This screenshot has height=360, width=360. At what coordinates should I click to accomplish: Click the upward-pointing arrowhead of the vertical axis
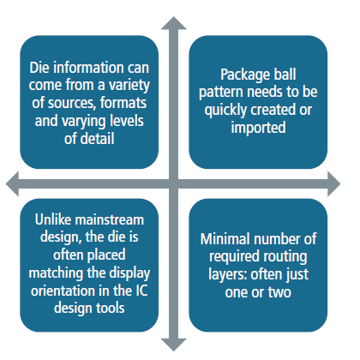coord(174,23)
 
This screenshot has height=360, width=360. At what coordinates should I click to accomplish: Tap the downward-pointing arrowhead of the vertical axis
coord(174,345)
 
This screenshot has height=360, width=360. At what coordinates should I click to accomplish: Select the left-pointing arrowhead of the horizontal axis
coord(13,183)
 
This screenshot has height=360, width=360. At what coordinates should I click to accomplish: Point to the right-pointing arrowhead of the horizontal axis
coord(334,183)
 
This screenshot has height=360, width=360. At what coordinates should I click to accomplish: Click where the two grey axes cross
coord(174,183)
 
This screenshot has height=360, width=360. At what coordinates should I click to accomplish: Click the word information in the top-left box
coord(89,68)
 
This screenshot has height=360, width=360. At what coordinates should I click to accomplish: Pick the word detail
coord(97,139)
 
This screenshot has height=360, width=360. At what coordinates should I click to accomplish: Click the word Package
coord(243,75)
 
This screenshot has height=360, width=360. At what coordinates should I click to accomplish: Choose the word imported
coord(258,128)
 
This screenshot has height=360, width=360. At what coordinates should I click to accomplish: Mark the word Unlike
coord(53,219)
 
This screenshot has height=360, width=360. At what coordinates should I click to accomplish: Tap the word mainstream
coord(109,219)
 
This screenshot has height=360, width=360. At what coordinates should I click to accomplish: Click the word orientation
coord(63,291)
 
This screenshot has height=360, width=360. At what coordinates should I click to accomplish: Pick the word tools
coord(110,308)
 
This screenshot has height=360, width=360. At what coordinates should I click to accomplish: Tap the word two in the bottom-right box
coord(279,292)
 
